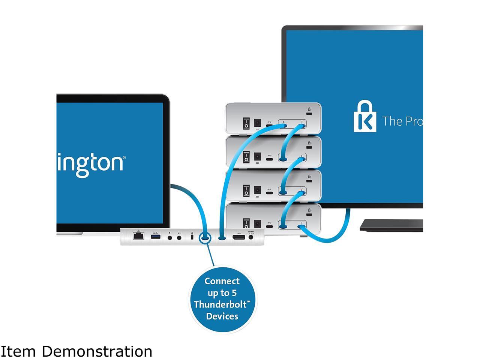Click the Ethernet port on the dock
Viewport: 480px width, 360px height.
[x=138, y=236]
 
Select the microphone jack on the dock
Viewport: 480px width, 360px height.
[x=170, y=237]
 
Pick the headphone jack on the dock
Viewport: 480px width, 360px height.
[x=179, y=237]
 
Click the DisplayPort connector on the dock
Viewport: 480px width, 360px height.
[x=239, y=237]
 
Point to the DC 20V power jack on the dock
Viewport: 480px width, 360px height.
[x=251, y=237]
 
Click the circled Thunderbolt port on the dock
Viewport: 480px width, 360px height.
[x=205, y=237]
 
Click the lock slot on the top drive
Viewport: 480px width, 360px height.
[x=309, y=114]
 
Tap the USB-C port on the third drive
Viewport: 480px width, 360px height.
[x=269, y=193]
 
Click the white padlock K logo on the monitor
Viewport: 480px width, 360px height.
[x=365, y=116]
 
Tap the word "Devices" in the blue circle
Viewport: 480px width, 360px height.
[x=222, y=316]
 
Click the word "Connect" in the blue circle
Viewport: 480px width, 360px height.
[x=222, y=281]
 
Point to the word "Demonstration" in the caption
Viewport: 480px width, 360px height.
[x=97, y=352]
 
